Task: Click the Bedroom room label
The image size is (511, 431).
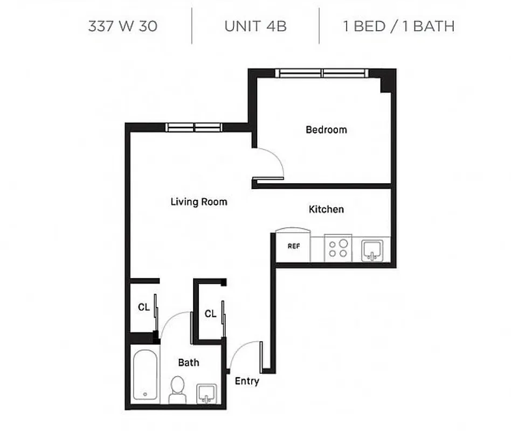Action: point(326,130)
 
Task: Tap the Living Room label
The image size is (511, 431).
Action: point(199,202)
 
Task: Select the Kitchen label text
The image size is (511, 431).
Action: point(326,209)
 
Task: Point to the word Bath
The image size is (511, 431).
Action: point(189,363)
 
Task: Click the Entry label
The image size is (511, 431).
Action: point(247,381)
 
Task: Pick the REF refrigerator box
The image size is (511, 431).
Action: point(293,246)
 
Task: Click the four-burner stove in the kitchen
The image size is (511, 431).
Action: point(338,248)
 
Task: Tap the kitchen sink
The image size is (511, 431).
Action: point(372,250)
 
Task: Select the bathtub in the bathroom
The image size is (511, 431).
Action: point(145,375)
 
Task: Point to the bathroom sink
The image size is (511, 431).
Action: point(206,393)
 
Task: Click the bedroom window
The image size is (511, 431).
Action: point(322,73)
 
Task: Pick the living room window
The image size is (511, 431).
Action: point(194,128)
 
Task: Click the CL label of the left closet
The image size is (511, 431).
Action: point(143,308)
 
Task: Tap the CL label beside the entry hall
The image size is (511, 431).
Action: point(210,314)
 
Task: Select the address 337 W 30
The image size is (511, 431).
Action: point(123,26)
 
